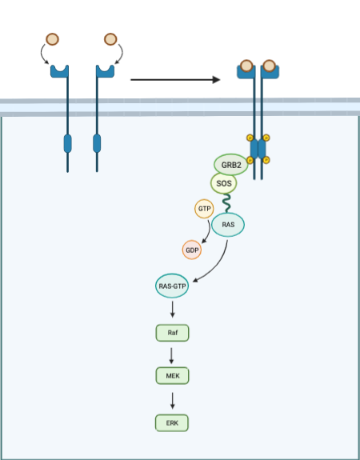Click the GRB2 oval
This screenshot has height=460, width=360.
tap(230, 165)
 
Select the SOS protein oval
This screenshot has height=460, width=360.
tap(224, 184)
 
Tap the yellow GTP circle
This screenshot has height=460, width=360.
tap(204, 209)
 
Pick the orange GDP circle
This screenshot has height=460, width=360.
tap(192, 250)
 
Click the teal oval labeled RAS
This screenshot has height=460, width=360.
tap(228, 226)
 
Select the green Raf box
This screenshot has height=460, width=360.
tap(172, 331)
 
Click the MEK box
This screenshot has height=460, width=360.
tap(172, 376)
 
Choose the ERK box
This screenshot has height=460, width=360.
tap(172, 422)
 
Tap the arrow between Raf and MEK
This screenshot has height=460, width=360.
tap(172, 354)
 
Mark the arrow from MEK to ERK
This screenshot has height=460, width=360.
tap(172, 398)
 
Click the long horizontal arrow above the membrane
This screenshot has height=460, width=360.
tap(174, 80)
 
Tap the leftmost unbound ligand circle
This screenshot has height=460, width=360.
tap(52, 38)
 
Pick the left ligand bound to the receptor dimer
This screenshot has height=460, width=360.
tap(247, 65)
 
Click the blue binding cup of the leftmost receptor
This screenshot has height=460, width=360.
tap(60, 72)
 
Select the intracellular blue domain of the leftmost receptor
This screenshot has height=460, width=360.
tap(67, 144)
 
